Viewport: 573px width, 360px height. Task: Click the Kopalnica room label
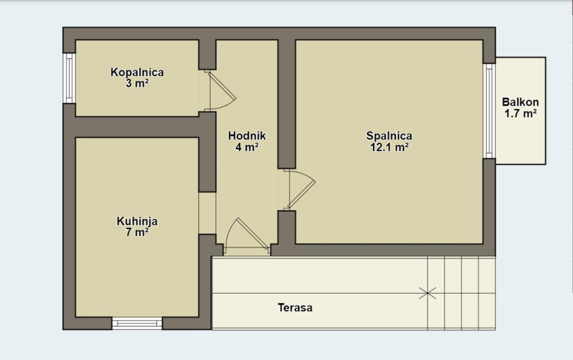[137, 72]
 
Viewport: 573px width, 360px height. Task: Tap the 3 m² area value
[137, 84]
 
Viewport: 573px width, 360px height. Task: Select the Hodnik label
[247, 136]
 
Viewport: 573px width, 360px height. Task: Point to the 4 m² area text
[247, 147]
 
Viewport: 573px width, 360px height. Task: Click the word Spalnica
[389, 136]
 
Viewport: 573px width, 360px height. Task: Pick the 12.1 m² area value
[389, 147]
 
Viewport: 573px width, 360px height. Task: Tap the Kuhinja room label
[137, 222]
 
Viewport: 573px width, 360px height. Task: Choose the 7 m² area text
[137, 233]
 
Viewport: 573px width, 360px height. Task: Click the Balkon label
[520, 102]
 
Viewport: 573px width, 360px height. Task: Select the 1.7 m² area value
[520, 113]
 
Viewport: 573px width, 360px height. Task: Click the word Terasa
[295, 308]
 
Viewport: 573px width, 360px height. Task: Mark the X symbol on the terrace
[427, 293]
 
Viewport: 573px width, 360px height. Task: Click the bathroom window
[69, 78]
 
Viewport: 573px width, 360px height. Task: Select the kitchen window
[137, 324]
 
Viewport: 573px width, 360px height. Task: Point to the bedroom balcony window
[489, 111]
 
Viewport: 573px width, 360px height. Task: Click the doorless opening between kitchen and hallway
[207, 213]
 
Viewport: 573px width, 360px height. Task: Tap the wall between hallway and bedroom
[287, 104]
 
